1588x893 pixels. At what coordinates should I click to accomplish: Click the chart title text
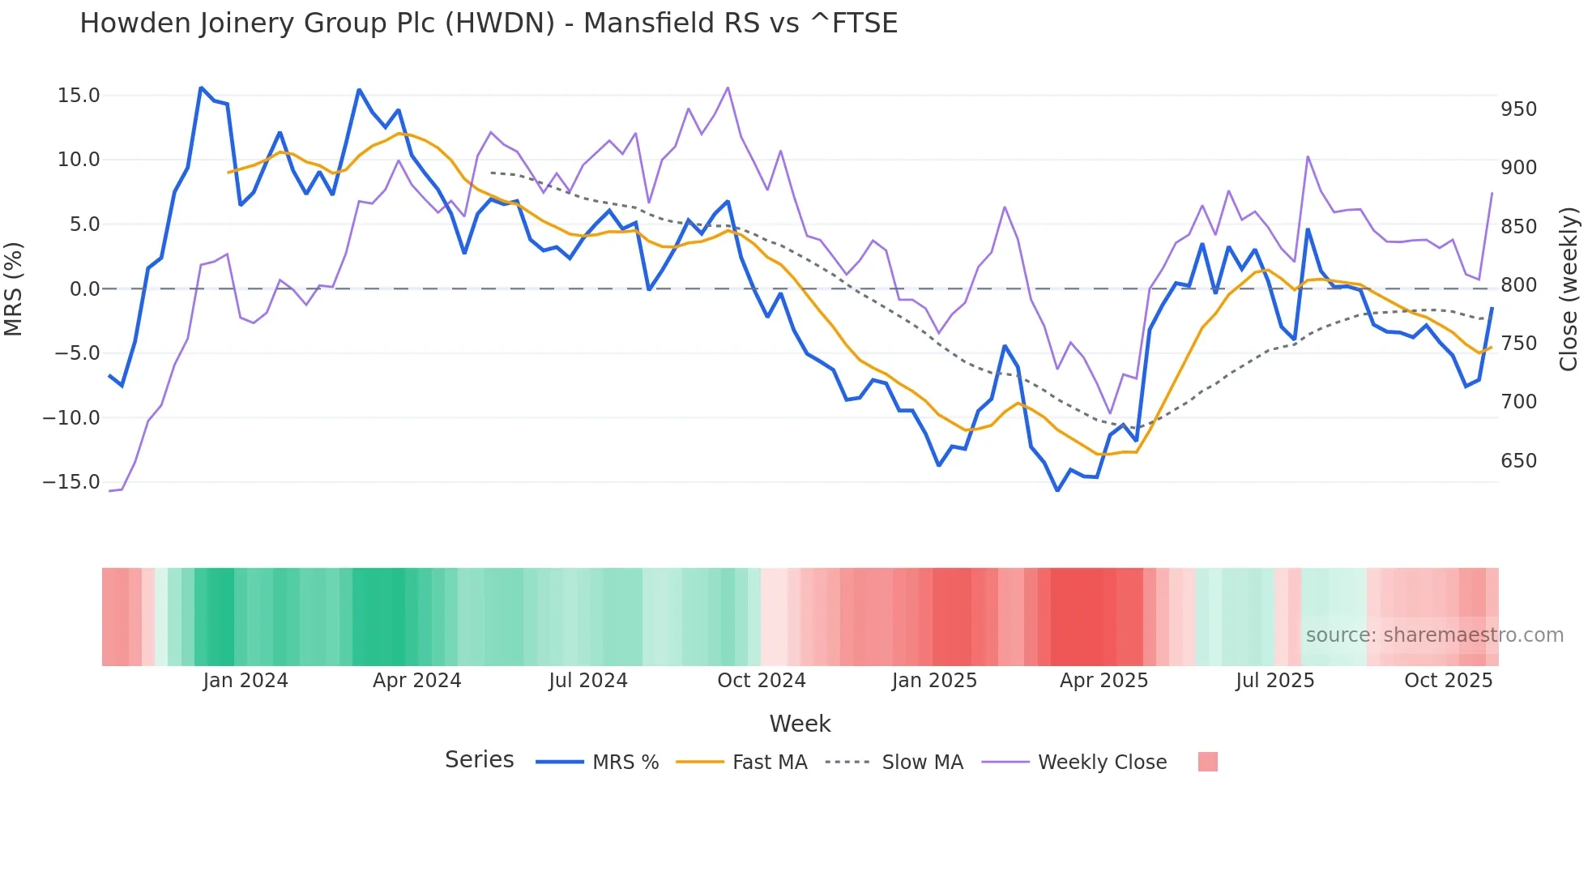489,23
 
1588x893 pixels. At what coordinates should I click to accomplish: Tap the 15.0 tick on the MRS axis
79,96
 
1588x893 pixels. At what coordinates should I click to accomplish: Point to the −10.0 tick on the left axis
72,418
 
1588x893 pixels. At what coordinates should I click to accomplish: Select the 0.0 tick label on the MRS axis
84,289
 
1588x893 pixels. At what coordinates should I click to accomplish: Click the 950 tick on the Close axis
1518,109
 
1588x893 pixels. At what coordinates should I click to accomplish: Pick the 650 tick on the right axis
1518,461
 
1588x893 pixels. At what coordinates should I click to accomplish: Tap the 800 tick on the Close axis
1518,285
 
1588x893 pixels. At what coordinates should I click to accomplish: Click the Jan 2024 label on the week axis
245,681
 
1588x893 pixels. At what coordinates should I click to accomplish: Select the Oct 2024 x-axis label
762,681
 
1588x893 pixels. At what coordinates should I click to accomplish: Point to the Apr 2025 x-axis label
1103,681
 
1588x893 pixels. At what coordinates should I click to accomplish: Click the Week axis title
800,724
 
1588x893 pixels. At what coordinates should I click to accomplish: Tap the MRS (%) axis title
14,288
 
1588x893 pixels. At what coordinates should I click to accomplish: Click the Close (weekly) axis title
1569,288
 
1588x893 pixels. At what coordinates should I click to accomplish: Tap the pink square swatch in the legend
1207,762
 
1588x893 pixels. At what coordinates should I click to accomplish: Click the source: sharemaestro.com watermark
1434,635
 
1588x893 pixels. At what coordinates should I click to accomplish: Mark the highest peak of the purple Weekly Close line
728,88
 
